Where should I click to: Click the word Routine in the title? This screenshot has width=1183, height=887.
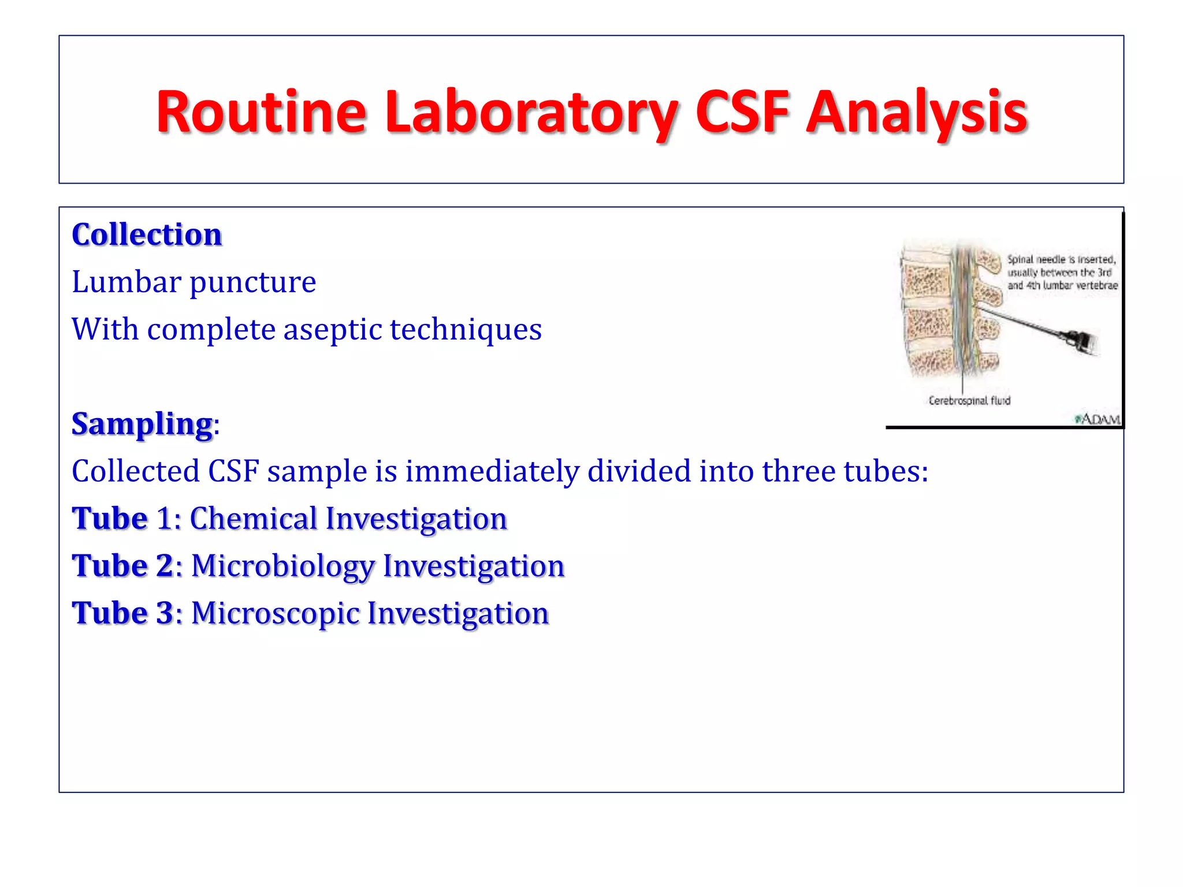261,112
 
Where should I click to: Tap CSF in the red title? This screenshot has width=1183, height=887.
742,112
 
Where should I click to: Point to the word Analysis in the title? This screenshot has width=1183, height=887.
917,112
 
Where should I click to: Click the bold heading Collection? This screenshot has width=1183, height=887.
147,235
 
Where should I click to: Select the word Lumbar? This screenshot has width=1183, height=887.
127,282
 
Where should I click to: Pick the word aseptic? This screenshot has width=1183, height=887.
332,330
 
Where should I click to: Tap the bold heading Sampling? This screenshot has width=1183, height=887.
142,424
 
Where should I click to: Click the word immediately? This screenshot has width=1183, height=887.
492,471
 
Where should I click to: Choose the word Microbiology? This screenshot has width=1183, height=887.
282,566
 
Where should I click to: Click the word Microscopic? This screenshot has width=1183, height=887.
274,613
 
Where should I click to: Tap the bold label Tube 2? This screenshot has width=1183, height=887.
122,566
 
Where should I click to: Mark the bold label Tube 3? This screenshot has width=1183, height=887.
122,613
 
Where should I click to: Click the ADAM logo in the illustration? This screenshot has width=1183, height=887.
1098,419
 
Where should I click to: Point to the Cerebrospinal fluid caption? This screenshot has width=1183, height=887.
969,401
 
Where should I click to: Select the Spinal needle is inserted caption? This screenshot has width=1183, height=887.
1062,273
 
